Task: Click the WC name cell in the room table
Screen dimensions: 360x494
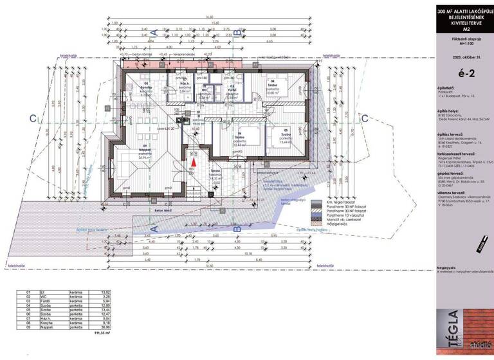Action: click(x=45, y=296)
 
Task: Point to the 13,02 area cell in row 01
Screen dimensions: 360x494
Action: click(x=95, y=291)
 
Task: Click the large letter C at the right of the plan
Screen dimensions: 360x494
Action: click(x=364, y=118)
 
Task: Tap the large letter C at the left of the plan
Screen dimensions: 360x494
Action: click(x=32, y=118)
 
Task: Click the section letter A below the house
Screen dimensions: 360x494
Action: click(x=153, y=228)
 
